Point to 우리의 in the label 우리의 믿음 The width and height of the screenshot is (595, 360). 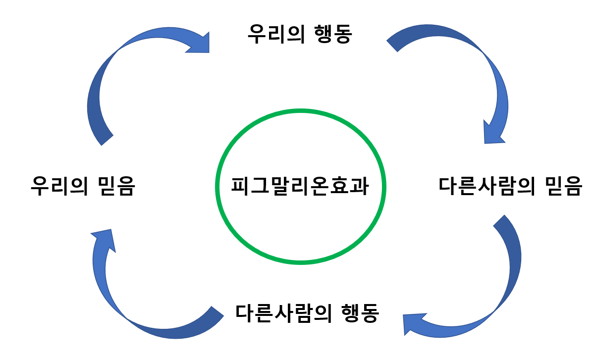[x=58, y=187]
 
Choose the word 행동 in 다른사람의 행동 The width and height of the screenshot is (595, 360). [x=360, y=313]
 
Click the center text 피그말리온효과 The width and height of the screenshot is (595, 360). [x=300, y=187]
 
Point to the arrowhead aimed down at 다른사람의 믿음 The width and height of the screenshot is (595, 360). [x=494, y=131]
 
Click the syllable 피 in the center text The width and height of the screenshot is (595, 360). [x=240, y=187]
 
